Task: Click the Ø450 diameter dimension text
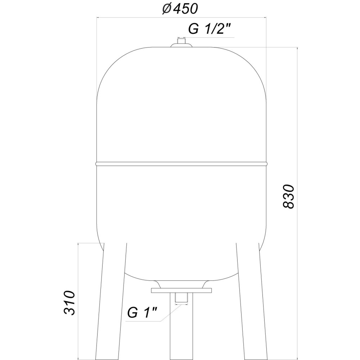(180, 9)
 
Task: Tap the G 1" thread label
(143, 313)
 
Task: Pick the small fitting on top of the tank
(181, 44)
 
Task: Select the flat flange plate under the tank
(181, 290)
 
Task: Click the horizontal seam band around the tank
(181, 164)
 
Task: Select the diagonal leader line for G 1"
(169, 314)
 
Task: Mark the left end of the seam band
(97, 164)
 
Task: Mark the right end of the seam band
(266, 164)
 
